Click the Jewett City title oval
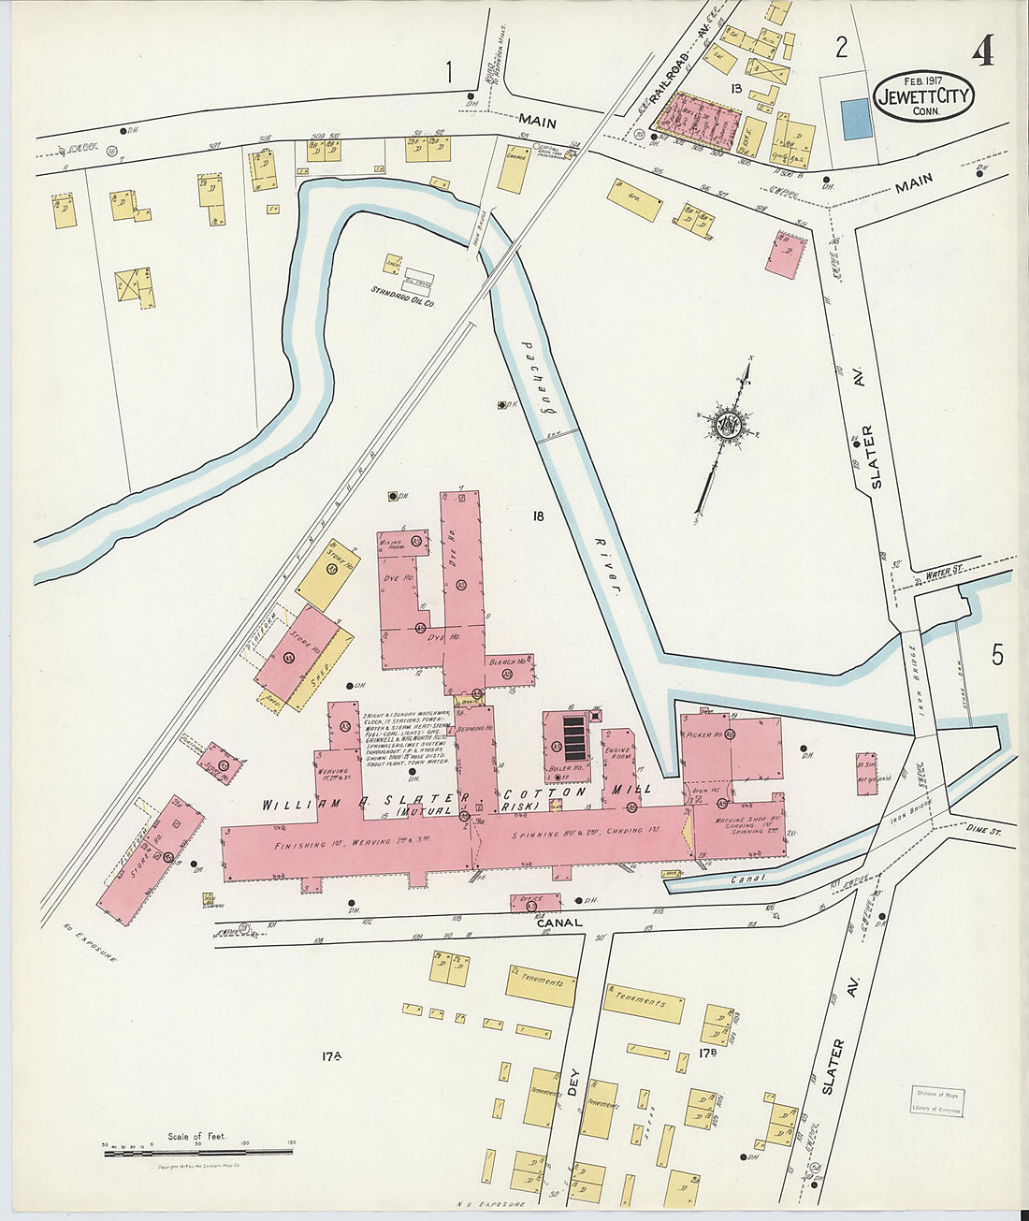(923, 96)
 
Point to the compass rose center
(728, 426)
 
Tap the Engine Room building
(618, 758)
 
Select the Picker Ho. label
(703, 735)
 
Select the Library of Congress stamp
(935, 1102)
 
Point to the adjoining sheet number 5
(997, 655)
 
